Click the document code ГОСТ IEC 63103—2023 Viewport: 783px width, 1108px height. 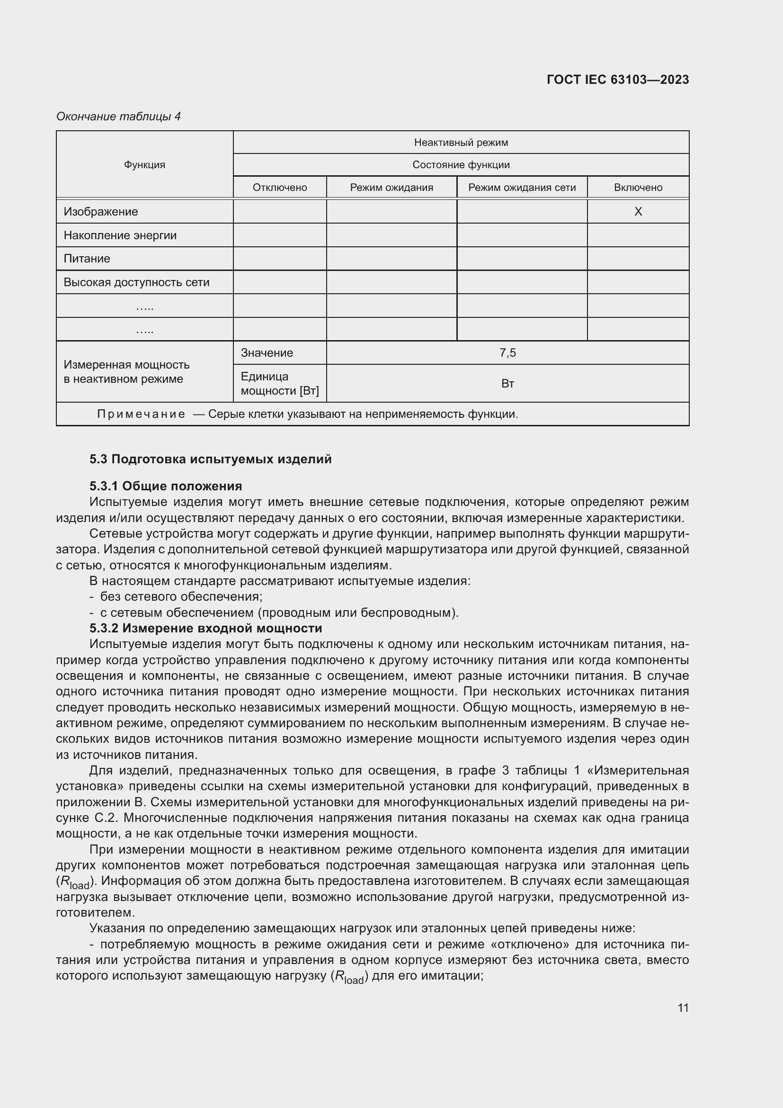[618, 80]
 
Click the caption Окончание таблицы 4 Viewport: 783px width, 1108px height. [118, 117]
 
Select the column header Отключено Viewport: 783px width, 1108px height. [280, 187]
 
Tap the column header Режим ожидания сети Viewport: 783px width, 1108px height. [522, 187]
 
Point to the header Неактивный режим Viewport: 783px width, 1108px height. [461, 143]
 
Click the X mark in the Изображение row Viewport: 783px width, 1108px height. [637, 211]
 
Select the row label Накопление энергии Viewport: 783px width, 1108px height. [120, 235]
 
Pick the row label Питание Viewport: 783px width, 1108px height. [87, 259]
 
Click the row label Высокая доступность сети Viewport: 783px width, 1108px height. [136, 282]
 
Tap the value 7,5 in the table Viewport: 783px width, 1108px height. [507, 353]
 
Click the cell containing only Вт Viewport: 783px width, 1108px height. [507, 384]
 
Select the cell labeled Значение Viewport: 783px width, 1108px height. [267, 353]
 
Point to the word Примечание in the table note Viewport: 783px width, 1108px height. [141, 414]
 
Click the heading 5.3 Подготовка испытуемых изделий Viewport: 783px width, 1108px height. [210, 459]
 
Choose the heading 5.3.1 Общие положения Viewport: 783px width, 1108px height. [165, 486]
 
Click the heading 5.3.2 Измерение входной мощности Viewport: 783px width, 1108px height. [205, 628]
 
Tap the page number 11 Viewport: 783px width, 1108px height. [683, 1008]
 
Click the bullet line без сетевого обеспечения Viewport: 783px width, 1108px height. [181, 596]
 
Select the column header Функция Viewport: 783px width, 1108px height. [144, 164]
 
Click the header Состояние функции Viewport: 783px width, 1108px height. [461, 164]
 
